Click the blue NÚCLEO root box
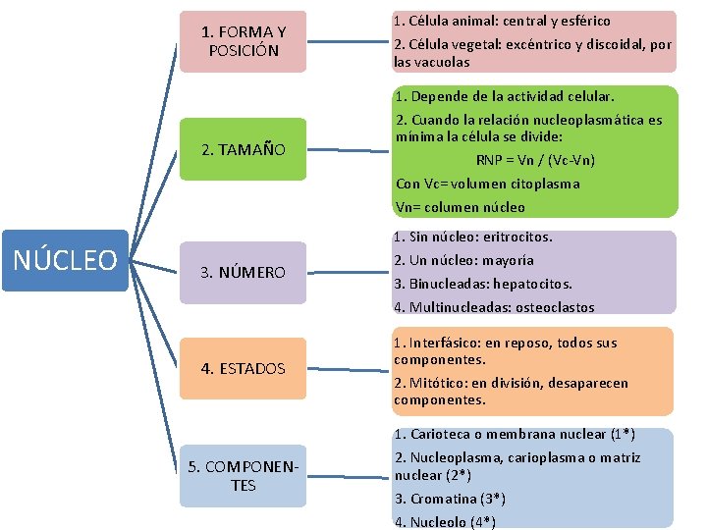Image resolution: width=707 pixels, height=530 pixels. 65,260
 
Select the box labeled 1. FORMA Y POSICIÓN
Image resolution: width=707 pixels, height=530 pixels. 244,41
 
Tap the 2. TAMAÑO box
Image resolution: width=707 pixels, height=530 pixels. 244,150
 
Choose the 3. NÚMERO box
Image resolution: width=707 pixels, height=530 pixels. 244,272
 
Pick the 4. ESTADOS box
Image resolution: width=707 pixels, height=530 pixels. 244,368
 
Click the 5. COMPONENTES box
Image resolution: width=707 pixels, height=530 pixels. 244,476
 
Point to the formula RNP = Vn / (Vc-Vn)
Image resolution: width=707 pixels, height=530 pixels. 535,160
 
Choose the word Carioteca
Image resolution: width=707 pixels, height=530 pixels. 443,434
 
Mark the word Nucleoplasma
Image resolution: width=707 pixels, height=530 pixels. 457,457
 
